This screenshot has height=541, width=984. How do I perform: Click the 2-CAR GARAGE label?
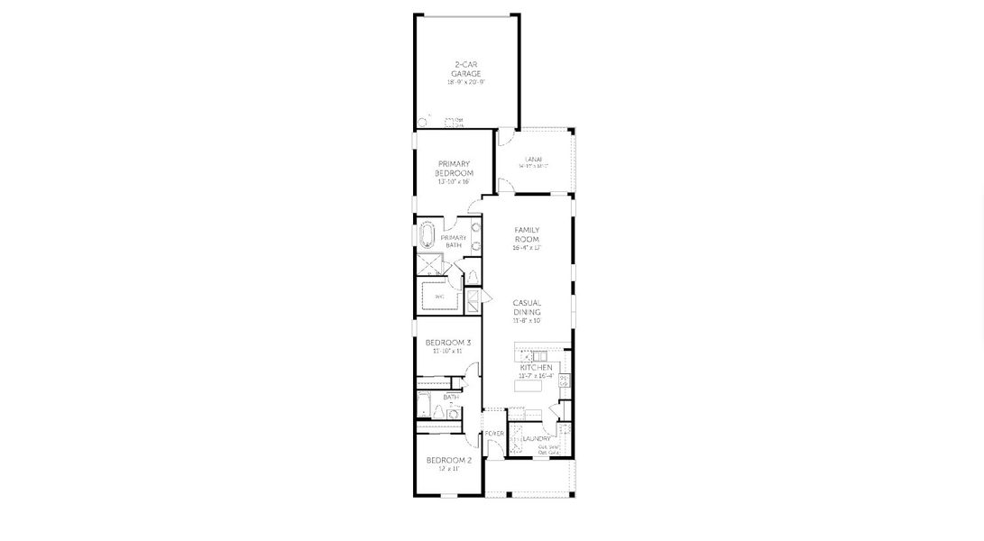(466, 68)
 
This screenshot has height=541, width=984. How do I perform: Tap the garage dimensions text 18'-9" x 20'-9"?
(466, 82)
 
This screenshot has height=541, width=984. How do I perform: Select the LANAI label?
(533, 159)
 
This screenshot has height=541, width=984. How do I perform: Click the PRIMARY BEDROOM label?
(455, 168)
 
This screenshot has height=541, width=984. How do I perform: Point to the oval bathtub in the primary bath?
(427, 236)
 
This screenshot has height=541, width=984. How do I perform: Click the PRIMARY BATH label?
(453, 241)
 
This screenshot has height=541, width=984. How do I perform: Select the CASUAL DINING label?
(527, 307)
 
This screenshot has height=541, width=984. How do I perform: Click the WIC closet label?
(439, 296)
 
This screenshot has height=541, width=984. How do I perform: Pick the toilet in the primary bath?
(470, 273)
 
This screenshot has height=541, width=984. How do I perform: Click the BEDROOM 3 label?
(448, 343)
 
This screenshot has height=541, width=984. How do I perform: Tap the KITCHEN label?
(536, 369)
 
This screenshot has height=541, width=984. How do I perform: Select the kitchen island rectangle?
(529, 386)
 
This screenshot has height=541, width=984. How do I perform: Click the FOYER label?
(494, 434)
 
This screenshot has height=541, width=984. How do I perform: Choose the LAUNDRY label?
(536, 439)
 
